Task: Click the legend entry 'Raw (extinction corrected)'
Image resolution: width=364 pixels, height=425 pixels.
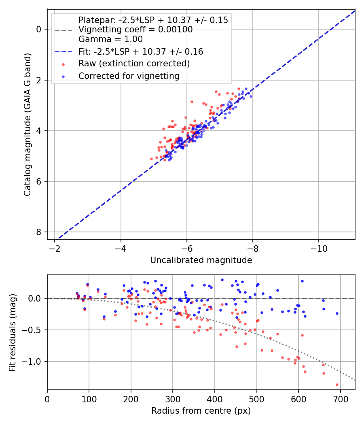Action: pos(134,64)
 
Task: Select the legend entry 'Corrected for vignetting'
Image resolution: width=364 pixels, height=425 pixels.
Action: pos(129,76)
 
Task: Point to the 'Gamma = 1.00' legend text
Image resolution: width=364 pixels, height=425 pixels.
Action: pos(110,40)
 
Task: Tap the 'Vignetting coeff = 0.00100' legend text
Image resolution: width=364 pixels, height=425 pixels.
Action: pos(135,30)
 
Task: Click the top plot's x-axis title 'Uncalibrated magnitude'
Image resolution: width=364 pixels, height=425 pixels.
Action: pos(201,260)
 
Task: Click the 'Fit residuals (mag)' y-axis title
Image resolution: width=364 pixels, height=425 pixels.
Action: pos(13,333)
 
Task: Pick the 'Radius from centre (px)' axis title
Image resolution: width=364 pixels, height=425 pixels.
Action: pos(201,411)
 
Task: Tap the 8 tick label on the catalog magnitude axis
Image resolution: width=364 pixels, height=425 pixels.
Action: pos(38,232)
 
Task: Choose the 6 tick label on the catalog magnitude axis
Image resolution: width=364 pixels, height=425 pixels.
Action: pos(38,181)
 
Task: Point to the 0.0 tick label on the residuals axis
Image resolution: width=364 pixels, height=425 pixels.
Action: pos(36,298)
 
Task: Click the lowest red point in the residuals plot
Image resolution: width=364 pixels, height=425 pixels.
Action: pos(337,385)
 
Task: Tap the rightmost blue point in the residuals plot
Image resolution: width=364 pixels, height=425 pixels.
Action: pos(337,313)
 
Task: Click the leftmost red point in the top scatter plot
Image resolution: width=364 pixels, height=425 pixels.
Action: pos(152,159)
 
